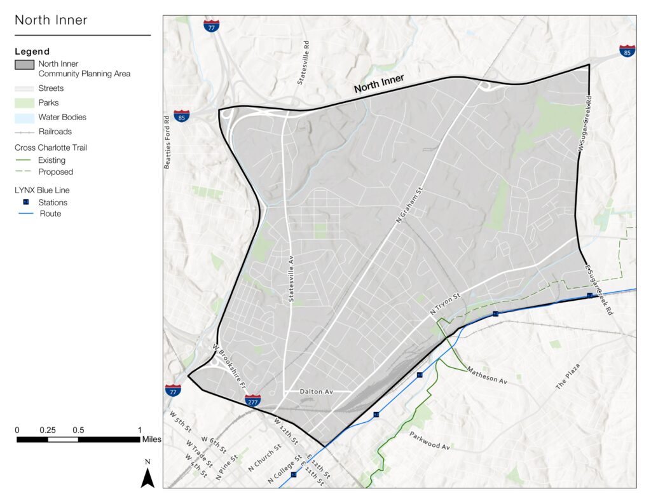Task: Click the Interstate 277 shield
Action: (x=252, y=400)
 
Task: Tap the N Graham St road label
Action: (x=410, y=204)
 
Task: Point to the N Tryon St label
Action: (x=444, y=304)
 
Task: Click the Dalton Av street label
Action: (x=317, y=392)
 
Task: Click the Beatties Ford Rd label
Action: (x=167, y=141)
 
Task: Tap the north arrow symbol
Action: (x=147, y=477)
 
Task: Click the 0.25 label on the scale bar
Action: (x=48, y=430)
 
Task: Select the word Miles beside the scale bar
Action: (x=151, y=439)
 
